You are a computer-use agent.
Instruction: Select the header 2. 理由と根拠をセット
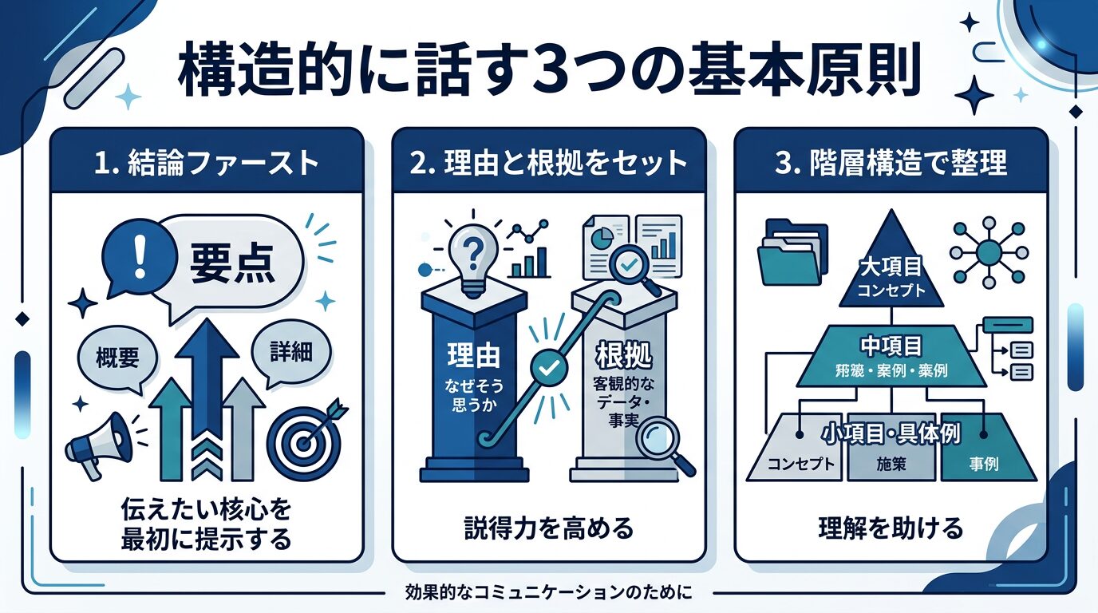(549, 163)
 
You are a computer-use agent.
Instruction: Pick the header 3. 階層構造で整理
(891, 163)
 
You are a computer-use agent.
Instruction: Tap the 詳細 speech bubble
(291, 353)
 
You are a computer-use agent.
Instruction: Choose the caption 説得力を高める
(549, 528)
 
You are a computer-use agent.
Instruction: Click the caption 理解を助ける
(891, 528)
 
